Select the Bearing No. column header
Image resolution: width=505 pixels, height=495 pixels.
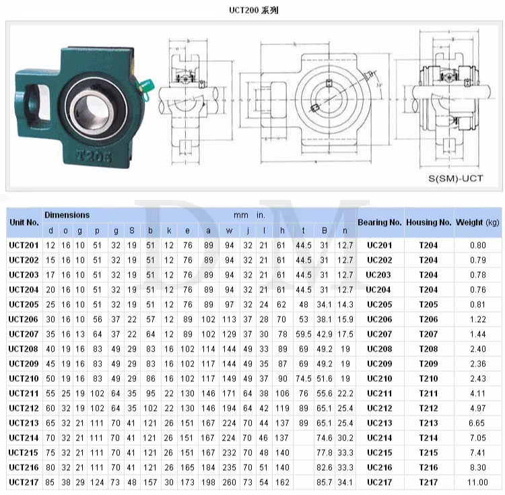pos(379,222)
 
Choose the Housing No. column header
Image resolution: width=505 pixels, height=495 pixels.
pos(428,222)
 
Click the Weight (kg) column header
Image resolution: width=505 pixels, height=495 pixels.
pos(477,222)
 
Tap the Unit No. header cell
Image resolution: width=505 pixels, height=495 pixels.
pos(24,222)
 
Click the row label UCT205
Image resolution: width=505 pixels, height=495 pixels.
pos(24,304)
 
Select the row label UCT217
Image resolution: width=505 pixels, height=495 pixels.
pos(24,482)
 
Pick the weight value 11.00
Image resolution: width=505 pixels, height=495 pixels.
pos(477,482)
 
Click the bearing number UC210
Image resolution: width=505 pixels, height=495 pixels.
pos(379,378)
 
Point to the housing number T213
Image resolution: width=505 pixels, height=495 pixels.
pos(428,423)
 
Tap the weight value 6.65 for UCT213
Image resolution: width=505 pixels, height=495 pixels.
pos(477,423)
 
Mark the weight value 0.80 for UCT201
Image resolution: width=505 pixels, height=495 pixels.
pos(477,245)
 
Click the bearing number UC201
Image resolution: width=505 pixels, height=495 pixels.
pos(379,245)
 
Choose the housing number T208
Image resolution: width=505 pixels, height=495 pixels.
pos(428,349)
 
